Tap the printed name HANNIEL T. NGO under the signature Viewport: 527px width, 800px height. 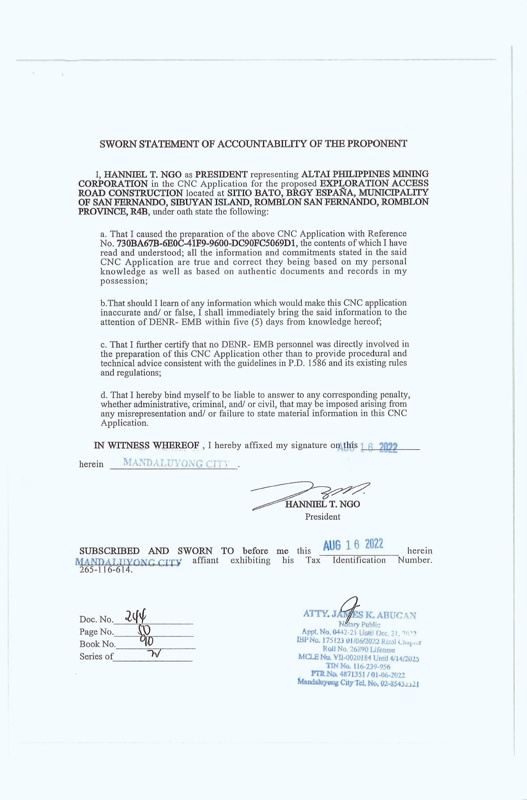[x=322, y=504]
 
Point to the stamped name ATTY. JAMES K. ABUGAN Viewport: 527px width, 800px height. [x=359, y=615]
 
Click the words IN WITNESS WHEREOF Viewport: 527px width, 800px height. [x=147, y=446]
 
